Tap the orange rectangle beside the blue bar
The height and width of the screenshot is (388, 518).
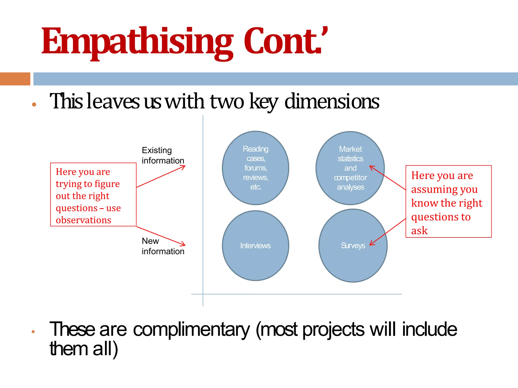(15, 79)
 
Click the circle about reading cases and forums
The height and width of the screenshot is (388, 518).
(255, 168)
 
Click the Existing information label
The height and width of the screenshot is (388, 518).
(163, 155)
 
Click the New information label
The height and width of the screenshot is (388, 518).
(163, 246)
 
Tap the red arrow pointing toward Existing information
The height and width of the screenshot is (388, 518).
(161, 176)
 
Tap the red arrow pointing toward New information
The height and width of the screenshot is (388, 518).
(161, 236)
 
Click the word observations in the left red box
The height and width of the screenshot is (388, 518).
(83, 220)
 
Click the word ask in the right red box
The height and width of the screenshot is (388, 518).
(419, 231)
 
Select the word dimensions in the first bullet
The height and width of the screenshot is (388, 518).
(332, 101)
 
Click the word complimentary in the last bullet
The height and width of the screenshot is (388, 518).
(191, 329)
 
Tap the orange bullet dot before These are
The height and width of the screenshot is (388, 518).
(33, 332)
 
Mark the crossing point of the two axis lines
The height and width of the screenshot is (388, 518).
(203, 294)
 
